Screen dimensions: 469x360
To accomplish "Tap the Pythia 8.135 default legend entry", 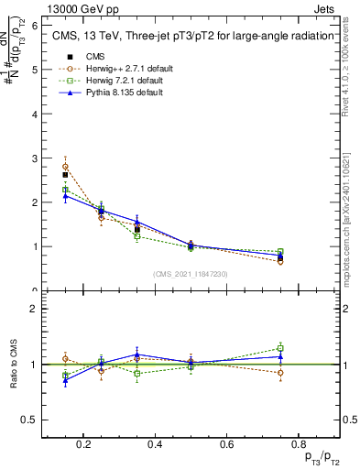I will (x=107, y=93).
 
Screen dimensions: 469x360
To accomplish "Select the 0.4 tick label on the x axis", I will (x=155, y=444).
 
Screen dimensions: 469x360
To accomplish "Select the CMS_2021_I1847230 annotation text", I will (x=191, y=274).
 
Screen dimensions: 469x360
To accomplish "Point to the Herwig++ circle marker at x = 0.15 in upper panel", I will (x=65, y=167).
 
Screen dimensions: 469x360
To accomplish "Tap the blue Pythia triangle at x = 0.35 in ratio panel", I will (x=136, y=354).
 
